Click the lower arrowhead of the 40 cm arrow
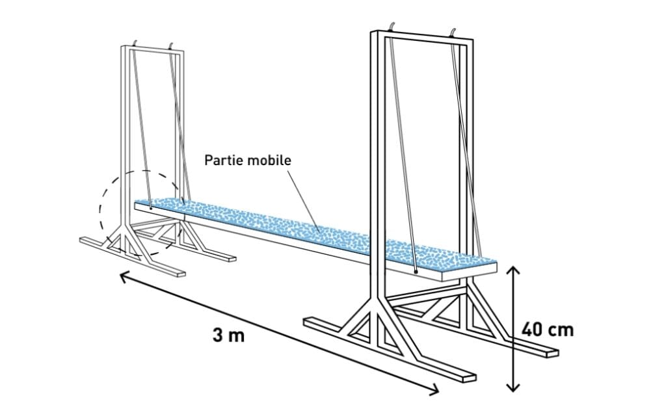514,388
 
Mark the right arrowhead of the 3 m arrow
436,391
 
